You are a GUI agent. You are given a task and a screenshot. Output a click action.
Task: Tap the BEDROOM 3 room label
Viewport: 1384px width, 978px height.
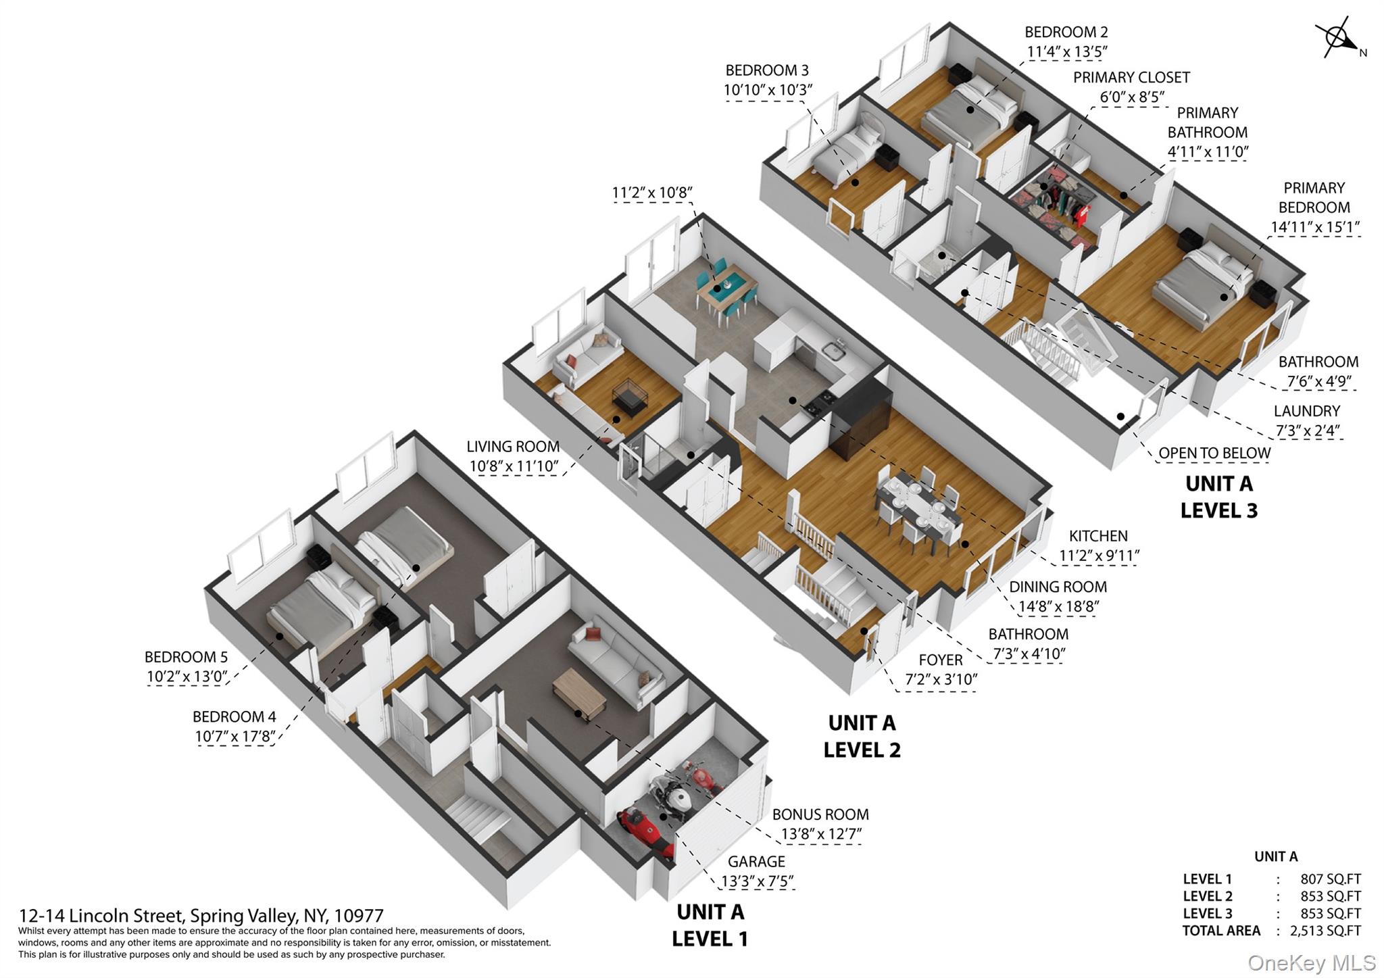[767, 70]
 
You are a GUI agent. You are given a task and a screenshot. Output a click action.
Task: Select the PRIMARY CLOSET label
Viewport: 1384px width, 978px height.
[1131, 78]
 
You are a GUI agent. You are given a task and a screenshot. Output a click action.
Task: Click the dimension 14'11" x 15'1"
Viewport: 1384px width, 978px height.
[1314, 227]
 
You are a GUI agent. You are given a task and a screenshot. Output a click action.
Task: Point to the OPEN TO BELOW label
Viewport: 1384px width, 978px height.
[1214, 453]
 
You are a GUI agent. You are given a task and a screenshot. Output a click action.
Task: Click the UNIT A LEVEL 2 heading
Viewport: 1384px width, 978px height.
[862, 736]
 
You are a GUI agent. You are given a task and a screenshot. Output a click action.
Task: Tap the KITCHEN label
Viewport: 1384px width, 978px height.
[1098, 536]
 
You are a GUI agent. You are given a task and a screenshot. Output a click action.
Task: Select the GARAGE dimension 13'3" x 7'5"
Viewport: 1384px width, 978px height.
[757, 881]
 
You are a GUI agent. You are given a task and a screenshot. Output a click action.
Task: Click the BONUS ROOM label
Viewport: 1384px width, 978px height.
[820, 814]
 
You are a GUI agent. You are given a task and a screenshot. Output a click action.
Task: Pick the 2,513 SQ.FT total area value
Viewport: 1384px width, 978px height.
[1325, 931]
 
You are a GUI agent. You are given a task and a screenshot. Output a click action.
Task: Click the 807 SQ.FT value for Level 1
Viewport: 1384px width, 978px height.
[1331, 879]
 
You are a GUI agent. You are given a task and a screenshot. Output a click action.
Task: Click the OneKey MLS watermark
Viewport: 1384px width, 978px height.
[1312, 962]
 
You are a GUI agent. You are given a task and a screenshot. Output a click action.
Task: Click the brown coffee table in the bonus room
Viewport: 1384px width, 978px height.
[580, 695]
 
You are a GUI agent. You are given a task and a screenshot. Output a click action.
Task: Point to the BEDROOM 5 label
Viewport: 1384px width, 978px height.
[186, 657]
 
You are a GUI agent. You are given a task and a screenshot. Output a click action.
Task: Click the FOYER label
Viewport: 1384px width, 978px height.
[941, 660]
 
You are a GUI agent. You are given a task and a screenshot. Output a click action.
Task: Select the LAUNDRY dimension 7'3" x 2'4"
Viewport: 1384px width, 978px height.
[1307, 431]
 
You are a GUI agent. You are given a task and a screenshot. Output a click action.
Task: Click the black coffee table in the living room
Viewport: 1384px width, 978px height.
[630, 397]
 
